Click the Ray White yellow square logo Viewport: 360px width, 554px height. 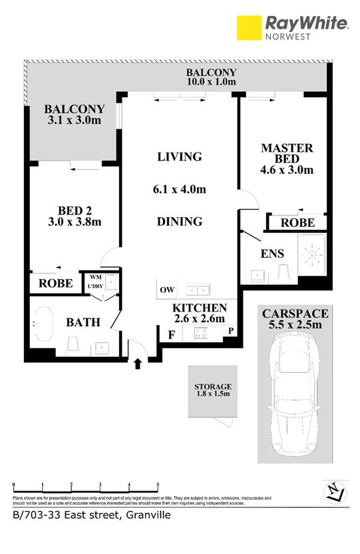click(248, 29)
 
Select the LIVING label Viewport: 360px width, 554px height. click(179, 157)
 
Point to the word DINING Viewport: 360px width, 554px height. click(179, 221)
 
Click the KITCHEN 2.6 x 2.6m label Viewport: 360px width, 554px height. click(200, 313)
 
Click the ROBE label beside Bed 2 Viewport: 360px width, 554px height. click(55, 282)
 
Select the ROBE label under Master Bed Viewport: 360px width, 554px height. click(297, 223)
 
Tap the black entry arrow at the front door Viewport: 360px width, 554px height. click(138, 363)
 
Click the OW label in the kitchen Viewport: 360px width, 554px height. click(166, 290)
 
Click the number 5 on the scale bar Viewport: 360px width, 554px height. click(158, 485)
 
